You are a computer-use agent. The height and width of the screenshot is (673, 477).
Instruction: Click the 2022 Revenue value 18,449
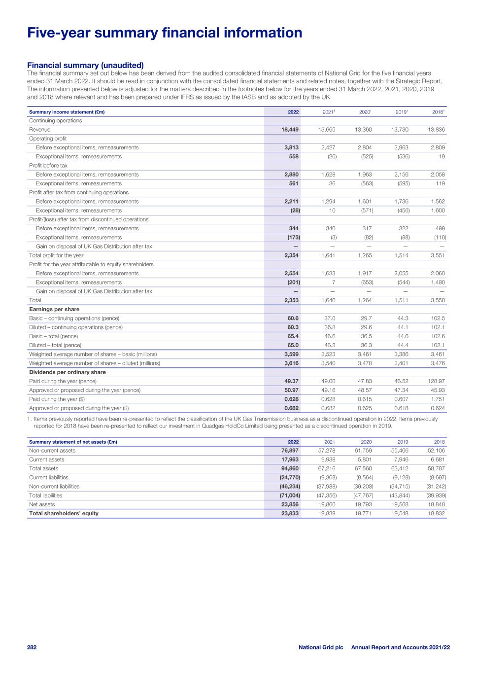coord(289,130)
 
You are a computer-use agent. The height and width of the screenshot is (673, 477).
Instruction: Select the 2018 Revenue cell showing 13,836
coord(437,130)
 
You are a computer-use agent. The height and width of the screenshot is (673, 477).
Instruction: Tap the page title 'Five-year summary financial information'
coord(165,33)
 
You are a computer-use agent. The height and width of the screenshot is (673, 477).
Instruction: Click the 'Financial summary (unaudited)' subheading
coord(85,65)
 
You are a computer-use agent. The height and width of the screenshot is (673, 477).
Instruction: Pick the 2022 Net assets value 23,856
coord(289,504)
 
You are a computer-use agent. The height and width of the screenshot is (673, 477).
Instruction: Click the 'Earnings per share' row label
coord(51,309)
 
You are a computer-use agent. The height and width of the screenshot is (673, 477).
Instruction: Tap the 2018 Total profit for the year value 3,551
coord(438,255)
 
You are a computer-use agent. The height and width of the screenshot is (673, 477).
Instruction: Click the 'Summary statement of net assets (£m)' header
coord(73,442)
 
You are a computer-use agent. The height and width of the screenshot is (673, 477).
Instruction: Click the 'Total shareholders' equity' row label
coord(64,513)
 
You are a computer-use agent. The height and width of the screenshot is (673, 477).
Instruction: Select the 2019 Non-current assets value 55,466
coord(400,451)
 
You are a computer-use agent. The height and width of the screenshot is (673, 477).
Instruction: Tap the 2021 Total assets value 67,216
coord(326,468)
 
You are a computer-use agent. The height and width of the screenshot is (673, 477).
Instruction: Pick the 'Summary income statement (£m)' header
coord(67,112)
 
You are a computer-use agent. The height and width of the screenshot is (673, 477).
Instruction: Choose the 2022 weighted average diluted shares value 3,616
coord(291,363)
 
